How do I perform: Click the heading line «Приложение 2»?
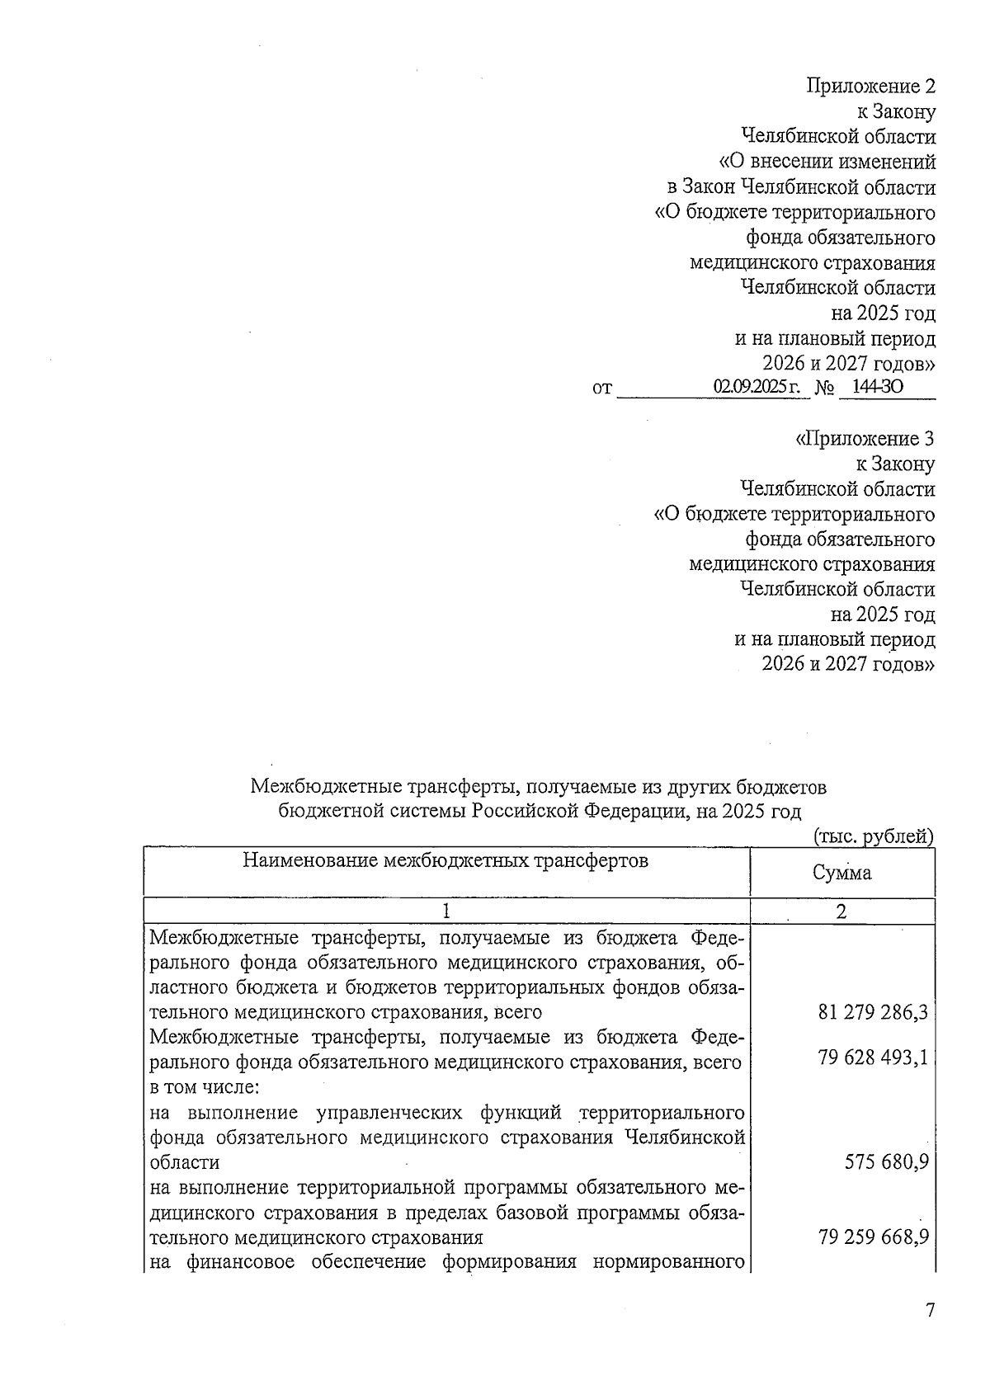pos(871,87)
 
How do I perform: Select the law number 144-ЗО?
pos(878,386)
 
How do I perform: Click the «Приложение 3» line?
pos(865,439)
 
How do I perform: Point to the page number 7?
pos(930,1310)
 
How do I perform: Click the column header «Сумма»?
pos(841,873)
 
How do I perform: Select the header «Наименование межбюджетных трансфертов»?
pos(445,861)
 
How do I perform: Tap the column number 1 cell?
pos(445,911)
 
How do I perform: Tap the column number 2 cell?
pos(841,911)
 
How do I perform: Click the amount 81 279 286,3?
pos(873,1012)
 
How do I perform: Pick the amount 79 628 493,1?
pos(873,1057)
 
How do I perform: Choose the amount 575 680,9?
pos(887,1162)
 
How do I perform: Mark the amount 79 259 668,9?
pos(873,1237)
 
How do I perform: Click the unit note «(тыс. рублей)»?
pos(874,836)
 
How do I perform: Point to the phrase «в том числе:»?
pos(204,1087)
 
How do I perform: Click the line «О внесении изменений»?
pos(827,162)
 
